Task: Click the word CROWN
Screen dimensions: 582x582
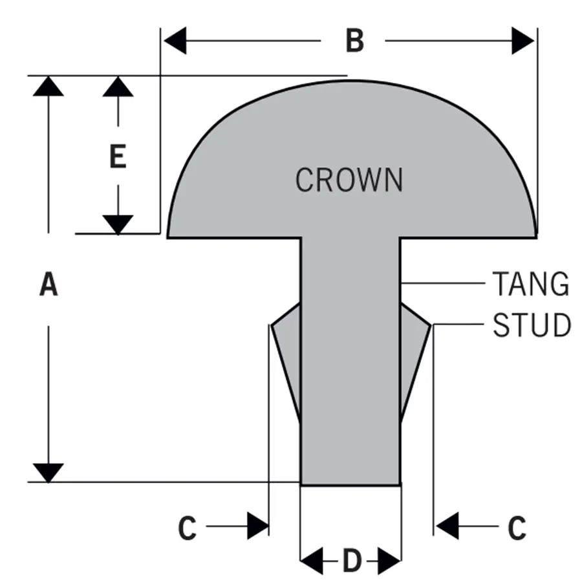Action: coord(349,180)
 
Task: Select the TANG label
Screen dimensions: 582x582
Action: coord(531,284)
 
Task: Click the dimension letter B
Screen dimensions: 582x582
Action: coord(354,41)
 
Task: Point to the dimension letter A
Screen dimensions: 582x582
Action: coord(48,285)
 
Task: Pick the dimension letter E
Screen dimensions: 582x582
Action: coord(118,156)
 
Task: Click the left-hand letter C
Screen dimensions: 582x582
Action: coord(187,528)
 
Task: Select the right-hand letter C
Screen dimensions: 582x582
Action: coord(516,528)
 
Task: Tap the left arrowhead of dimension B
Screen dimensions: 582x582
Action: coord(175,41)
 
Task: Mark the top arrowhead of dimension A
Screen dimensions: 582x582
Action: coord(48,86)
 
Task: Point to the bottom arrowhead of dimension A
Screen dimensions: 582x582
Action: coord(48,473)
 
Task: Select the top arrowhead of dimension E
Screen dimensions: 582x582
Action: coord(118,86)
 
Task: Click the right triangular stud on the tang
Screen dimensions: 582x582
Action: coord(414,356)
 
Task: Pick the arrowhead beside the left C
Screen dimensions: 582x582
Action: coord(258,525)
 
